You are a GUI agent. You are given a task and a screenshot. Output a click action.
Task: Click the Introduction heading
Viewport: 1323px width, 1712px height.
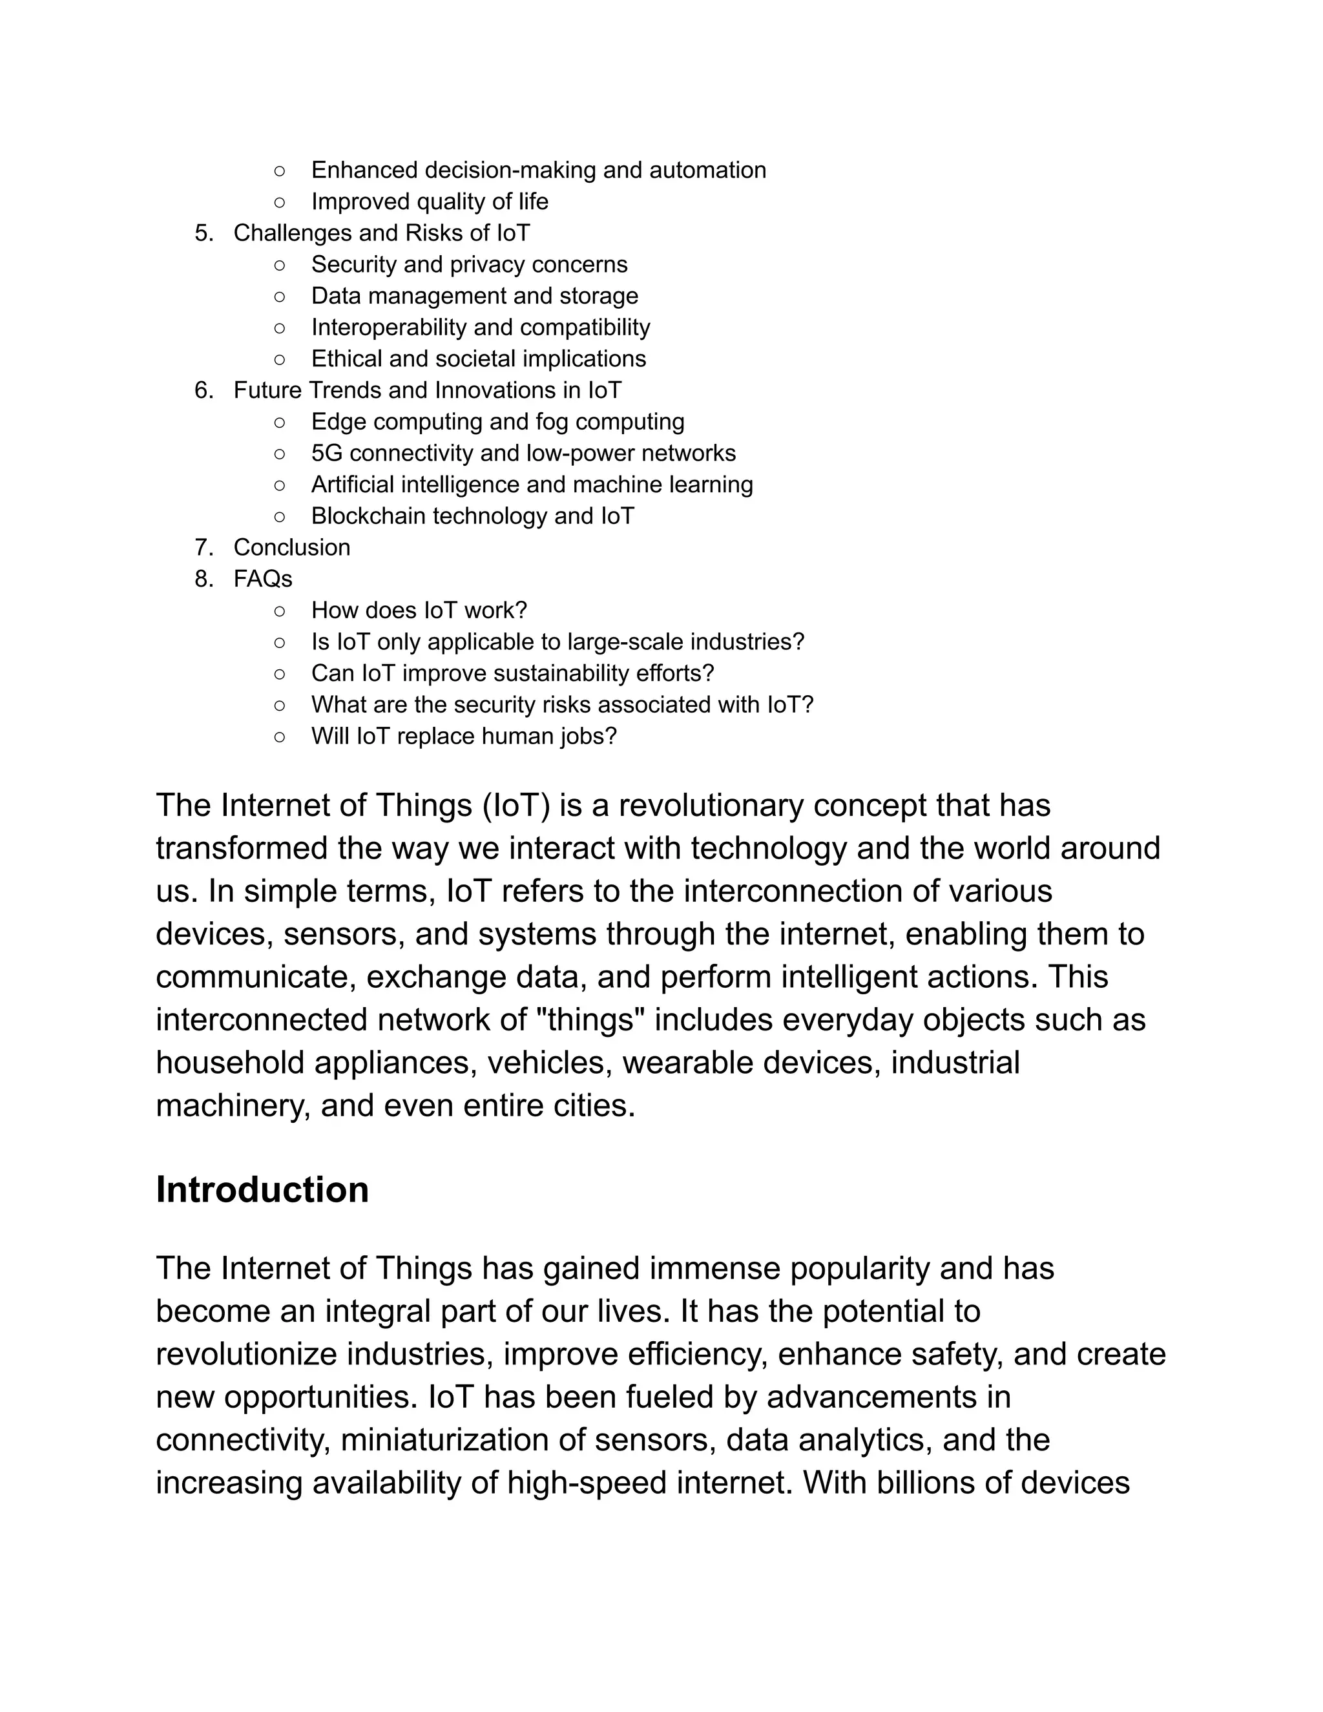[x=262, y=1190]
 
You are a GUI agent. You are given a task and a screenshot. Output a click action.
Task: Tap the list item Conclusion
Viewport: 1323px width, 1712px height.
[x=291, y=547]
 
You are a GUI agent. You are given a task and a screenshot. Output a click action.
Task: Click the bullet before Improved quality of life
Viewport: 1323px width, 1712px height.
[x=280, y=202]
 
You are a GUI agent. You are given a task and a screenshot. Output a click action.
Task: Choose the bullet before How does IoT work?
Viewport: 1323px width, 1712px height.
[x=280, y=611]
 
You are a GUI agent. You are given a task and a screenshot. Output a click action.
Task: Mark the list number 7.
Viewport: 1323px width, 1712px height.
[x=203, y=547]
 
